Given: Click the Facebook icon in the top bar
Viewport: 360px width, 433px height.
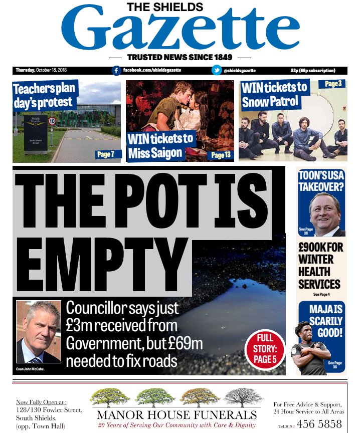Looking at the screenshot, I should [116, 71].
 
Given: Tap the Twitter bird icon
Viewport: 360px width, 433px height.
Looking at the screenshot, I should [217, 71].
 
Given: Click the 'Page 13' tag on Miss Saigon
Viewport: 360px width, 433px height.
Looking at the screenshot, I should [221, 155].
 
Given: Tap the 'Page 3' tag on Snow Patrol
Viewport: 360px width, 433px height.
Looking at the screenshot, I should [332, 84].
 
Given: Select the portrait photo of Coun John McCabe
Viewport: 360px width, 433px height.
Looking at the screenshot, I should [38, 332].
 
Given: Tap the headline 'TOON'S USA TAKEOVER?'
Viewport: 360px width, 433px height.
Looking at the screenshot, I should [321, 181].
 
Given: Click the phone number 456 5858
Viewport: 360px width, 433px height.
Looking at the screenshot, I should [319, 423].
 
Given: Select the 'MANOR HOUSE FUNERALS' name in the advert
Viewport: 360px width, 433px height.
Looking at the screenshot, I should [176, 414].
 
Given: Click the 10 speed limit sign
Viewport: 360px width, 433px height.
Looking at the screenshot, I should [52, 121].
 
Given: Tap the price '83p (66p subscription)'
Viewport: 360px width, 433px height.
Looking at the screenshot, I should [312, 71].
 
